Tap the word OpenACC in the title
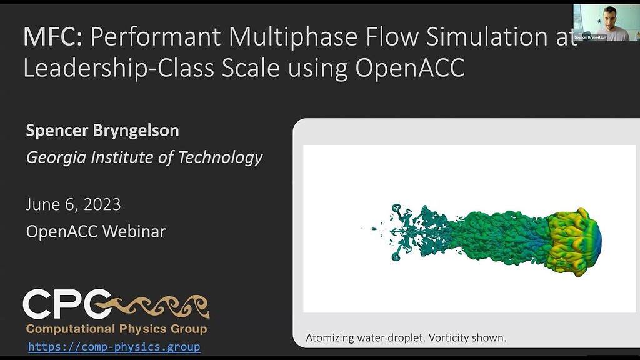tap(410, 67)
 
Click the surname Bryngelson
tap(136, 131)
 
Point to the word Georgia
tap(56, 157)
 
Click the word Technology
tap(221, 157)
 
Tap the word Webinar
tap(134, 231)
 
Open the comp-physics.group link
tap(114, 347)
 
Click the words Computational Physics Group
tap(117, 329)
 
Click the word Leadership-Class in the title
tap(119, 68)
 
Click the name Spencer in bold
tap(57, 131)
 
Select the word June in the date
tap(42, 204)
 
